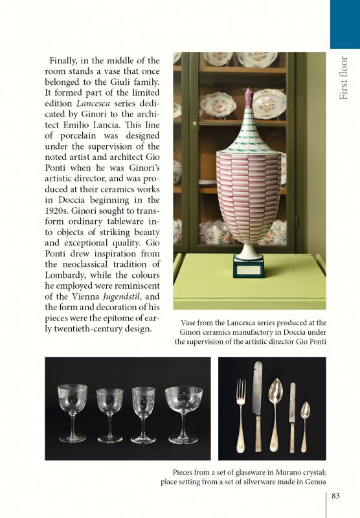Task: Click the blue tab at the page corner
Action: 344,24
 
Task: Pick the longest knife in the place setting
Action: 258,405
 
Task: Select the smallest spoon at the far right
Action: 305,424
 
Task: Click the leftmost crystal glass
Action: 72,411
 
